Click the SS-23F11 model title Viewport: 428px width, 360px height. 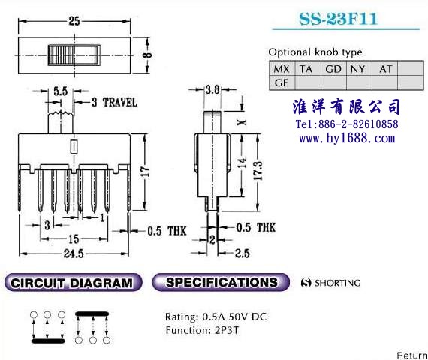pos(339,19)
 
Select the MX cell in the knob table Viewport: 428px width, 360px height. pos(282,69)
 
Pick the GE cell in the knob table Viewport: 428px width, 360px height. pos(282,82)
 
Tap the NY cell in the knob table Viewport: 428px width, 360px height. pos(359,69)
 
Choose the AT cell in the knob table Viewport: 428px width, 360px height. pos(385,69)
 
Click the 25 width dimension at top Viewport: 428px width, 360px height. pos(74,21)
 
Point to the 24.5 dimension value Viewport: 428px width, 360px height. pos(74,253)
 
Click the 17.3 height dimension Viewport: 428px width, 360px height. pos(258,171)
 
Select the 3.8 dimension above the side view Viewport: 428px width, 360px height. pos(212,89)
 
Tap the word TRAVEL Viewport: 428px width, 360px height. pos(120,103)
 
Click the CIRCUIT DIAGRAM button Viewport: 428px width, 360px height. pos(73,283)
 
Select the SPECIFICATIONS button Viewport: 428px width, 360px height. pos(221,282)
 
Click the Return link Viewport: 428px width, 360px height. pos(412,355)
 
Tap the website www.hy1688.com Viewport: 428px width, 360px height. pos(347,139)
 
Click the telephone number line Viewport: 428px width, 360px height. pos(347,124)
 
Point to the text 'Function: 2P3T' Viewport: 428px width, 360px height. pos(202,330)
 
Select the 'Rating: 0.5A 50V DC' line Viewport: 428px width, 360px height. pos(216,316)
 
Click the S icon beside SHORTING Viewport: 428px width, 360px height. pos(306,283)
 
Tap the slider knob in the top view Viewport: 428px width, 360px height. pos(74,55)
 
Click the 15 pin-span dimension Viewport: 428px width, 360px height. pos(74,239)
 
